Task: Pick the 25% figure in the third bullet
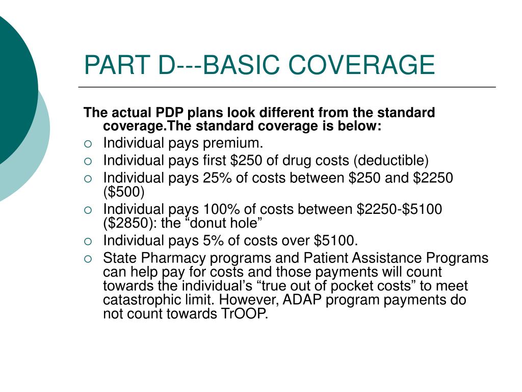(219, 178)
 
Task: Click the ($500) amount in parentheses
(124, 192)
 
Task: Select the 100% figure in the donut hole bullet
(223, 209)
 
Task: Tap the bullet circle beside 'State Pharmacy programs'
(89, 259)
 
